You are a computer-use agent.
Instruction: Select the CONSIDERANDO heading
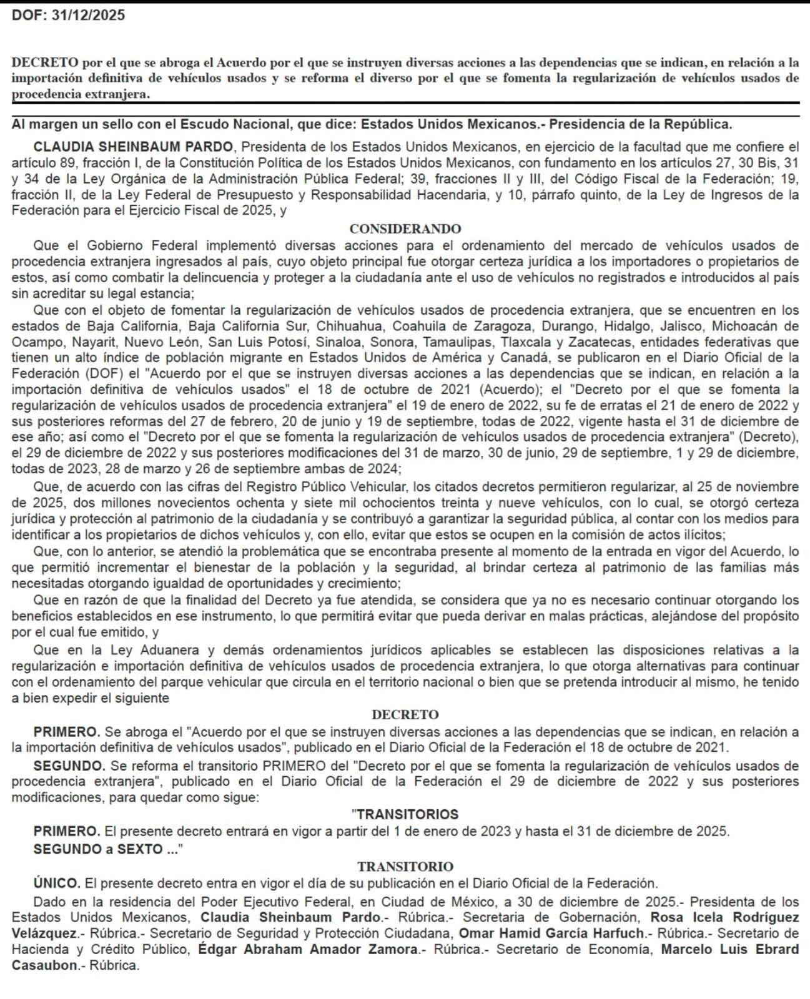coord(405,229)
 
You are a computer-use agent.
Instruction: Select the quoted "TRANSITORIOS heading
coord(405,814)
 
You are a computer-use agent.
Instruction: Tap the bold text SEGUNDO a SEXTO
coord(105,849)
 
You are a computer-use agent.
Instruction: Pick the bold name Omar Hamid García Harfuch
coord(551,933)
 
